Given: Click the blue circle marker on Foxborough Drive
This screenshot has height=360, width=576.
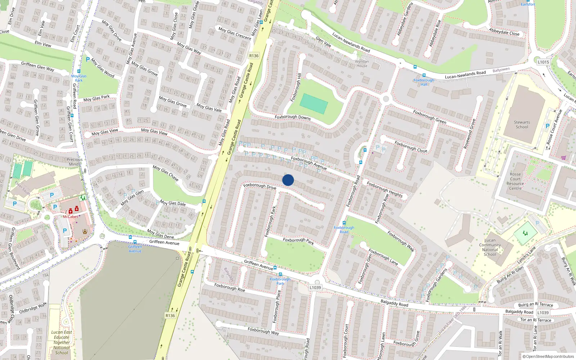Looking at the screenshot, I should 288,180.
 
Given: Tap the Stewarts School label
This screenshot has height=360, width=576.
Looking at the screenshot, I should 522,125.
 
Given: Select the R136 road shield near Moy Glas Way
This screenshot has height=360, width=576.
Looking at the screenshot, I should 254,55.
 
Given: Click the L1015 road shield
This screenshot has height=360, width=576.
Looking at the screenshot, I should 543,62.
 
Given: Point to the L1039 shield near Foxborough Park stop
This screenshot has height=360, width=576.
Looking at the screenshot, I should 315,287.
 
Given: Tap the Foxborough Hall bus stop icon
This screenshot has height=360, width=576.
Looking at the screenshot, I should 424,76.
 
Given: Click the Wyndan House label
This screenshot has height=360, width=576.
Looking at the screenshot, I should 362,64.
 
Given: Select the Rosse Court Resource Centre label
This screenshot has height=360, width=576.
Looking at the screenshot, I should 515,181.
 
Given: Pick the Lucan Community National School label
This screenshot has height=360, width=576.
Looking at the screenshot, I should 490,247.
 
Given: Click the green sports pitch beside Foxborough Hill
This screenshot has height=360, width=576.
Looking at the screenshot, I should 314,104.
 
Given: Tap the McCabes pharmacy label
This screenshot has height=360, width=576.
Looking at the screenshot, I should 70,217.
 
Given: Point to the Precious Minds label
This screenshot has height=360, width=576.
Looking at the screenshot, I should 75,162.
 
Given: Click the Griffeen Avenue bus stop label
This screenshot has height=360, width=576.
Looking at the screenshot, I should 135,249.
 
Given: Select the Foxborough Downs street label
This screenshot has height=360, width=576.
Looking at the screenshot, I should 292,117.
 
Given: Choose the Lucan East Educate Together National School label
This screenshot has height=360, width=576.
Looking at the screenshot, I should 62,342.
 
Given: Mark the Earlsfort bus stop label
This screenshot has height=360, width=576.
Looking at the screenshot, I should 528,4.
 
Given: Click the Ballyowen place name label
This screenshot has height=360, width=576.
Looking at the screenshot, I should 501,70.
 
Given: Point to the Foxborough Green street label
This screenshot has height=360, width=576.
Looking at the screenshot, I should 429,117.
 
